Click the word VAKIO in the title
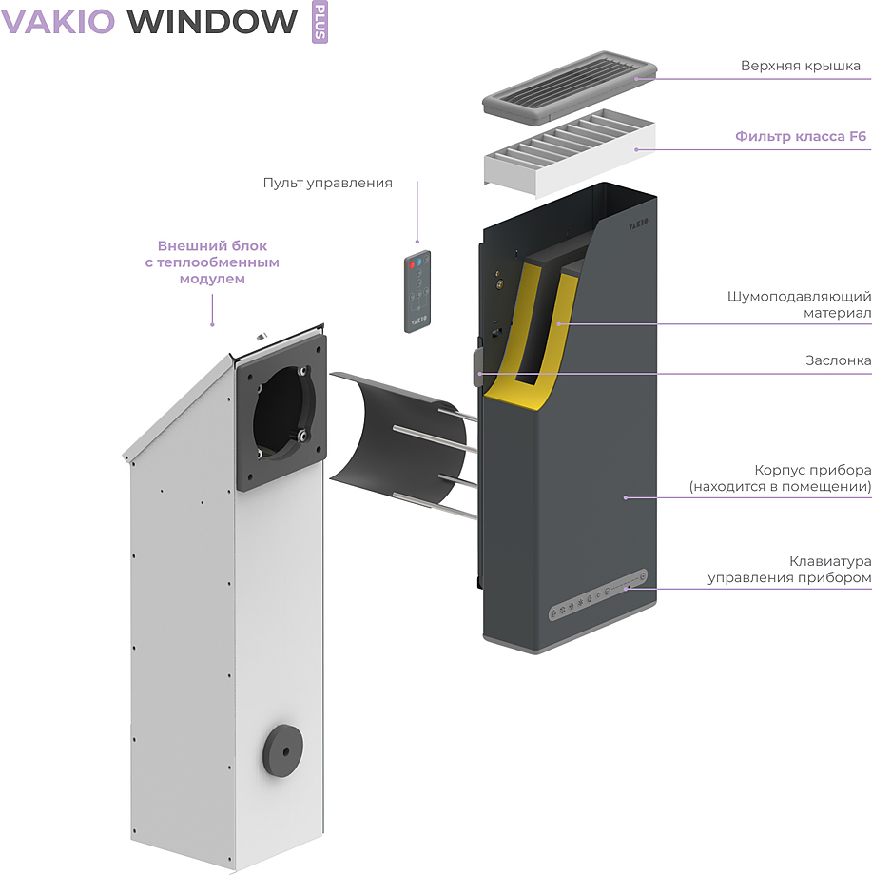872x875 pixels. [58, 20]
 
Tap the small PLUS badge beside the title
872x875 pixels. [320, 22]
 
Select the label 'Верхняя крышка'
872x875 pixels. [800, 66]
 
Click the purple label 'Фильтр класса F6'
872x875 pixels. [801, 137]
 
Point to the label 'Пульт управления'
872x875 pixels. [327, 183]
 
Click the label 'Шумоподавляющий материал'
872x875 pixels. [813, 304]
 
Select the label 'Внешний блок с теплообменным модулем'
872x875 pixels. [212, 262]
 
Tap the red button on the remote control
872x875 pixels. [412, 262]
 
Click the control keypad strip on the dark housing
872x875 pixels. [598, 595]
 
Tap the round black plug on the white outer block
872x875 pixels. [281, 750]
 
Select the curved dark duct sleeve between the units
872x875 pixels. [399, 437]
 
